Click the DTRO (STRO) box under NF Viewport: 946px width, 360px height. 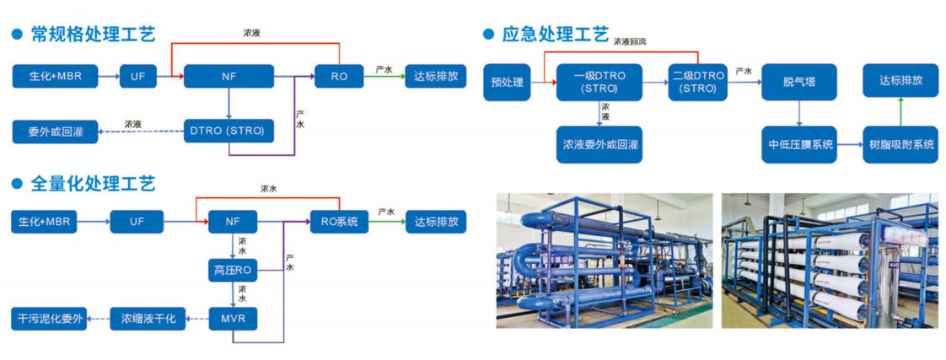(x=228, y=131)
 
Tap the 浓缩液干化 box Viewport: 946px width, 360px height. (x=148, y=319)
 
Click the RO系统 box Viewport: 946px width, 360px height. (x=340, y=222)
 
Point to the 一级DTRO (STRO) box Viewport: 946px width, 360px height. (x=599, y=82)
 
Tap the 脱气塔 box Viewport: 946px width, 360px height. (x=798, y=82)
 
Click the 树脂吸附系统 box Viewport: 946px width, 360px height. (x=901, y=144)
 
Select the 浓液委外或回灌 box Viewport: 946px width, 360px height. (x=599, y=144)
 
